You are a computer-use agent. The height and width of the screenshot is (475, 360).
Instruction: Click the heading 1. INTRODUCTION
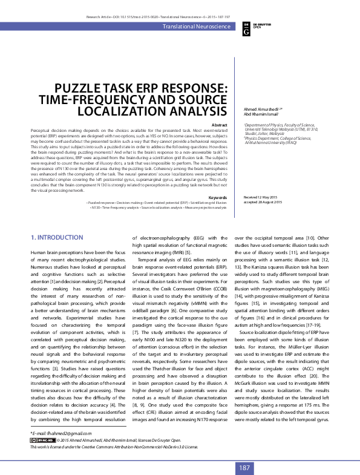click(57, 220)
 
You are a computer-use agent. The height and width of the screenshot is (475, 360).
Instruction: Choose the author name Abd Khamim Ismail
click(252, 114)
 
